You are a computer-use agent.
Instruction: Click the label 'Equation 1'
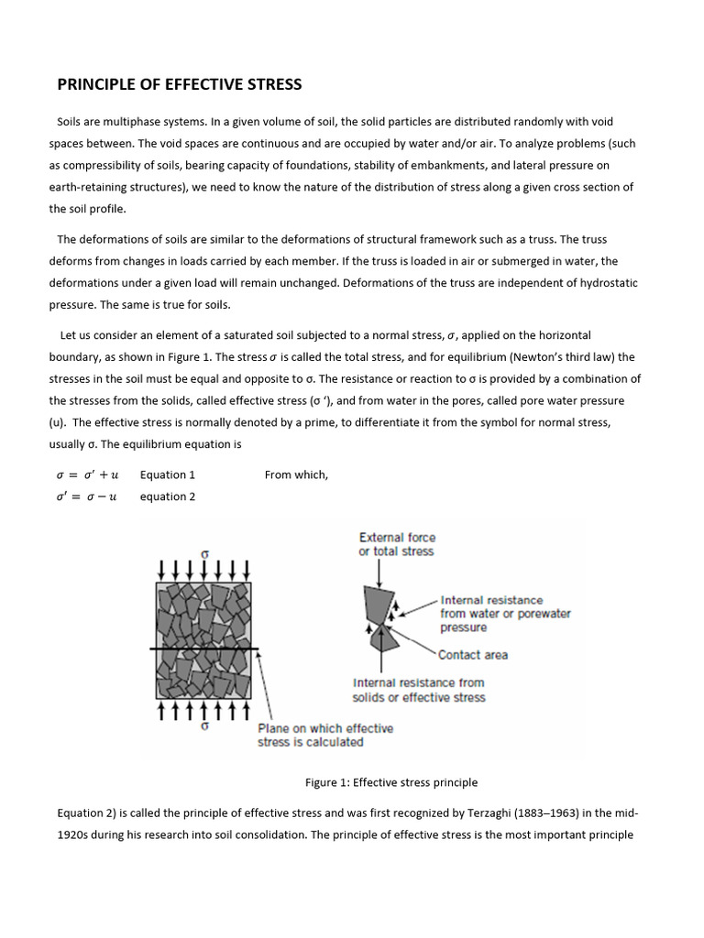(168, 474)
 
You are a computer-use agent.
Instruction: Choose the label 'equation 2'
(168, 496)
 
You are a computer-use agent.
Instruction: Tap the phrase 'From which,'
(296, 474)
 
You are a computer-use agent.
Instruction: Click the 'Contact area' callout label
(473, 655)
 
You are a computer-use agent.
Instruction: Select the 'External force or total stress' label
(397, 544)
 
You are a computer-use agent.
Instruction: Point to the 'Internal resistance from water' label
(504, 614)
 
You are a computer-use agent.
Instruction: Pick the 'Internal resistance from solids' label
(419, 690)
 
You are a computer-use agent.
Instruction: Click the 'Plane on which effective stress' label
(325, 735)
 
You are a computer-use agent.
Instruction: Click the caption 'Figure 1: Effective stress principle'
(391, 782)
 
